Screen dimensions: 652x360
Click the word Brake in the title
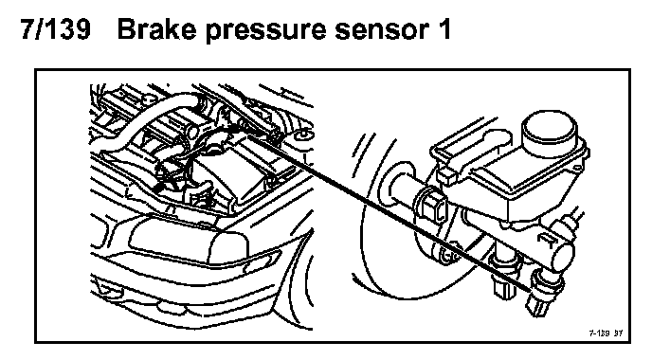[157, 29]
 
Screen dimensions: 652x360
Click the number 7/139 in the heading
[55, 29]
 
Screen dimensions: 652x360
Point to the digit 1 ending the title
[444, 29]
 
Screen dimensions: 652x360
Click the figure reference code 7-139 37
[606, 333]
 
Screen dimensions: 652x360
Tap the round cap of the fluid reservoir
[550, 133]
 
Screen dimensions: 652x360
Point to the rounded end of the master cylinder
[564, 257]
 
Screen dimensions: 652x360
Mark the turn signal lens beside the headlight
[257, 261]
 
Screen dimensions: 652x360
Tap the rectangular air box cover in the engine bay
[234, 171]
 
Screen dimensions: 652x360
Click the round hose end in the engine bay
[192, 133]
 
